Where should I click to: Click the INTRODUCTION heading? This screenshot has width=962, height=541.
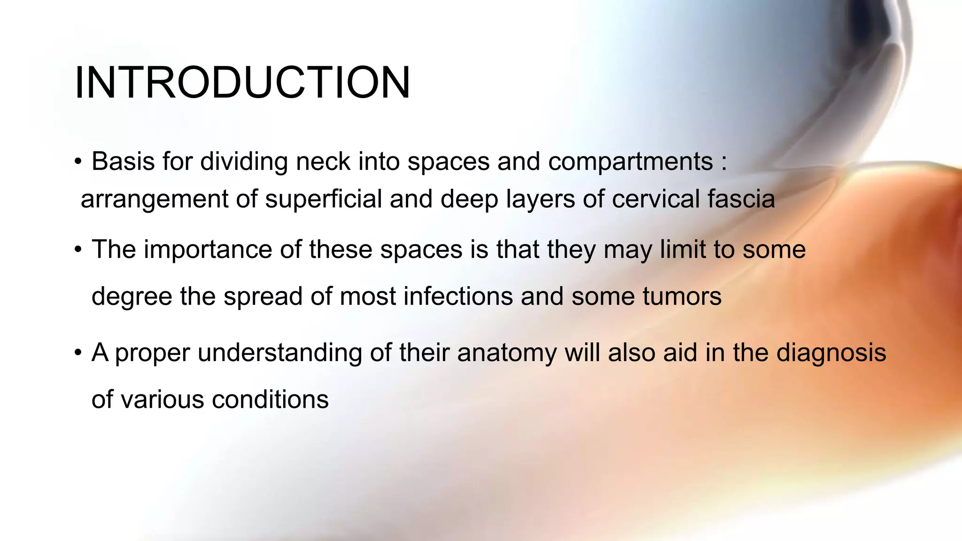click(242, 83)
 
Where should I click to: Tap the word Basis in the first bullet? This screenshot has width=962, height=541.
click(123, 162)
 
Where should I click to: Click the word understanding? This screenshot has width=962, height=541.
click(279, 353)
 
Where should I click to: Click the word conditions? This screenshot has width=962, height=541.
click(270, 400)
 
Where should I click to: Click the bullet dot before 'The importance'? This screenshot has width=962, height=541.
click(78, 250)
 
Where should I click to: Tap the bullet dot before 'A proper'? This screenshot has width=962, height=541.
click(78, 353)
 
